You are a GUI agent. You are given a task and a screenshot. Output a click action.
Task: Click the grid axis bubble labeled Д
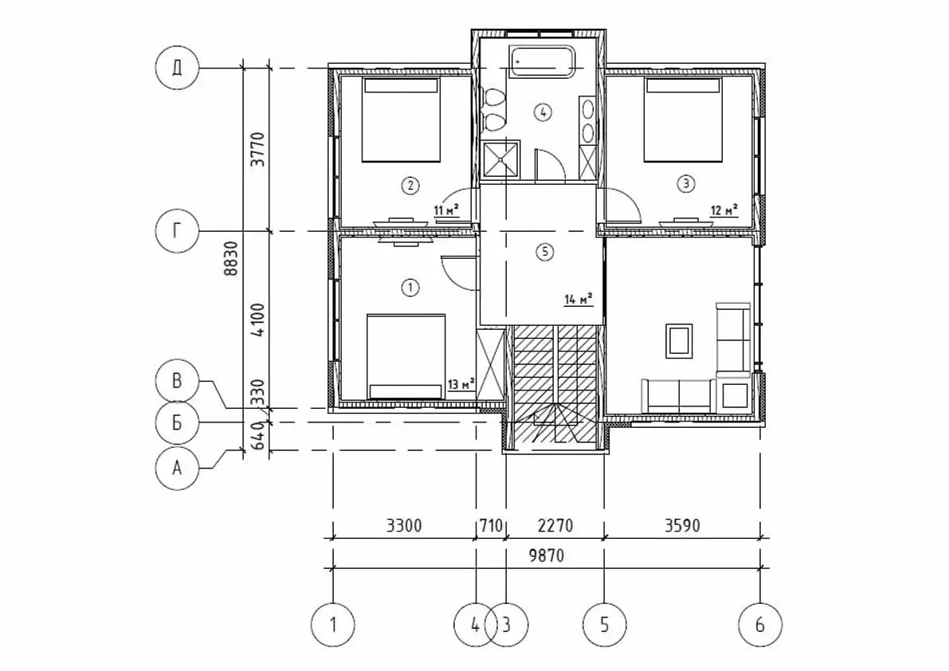[x=177, y=67]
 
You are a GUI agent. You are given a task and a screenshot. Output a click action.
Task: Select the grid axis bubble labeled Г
[x=177, y=231]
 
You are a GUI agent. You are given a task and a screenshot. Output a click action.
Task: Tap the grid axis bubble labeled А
[x=177, y=468]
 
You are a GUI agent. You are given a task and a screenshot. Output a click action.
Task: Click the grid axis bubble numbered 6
[x=760, y=625]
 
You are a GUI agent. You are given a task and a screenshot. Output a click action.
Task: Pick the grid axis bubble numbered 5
[x=604, y=625]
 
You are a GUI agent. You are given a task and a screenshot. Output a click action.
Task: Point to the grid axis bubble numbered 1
[x=333, y=625]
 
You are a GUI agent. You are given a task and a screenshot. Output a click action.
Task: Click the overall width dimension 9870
[x=547, y=555]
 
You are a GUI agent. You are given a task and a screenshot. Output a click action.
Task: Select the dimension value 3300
[x=404, y=525]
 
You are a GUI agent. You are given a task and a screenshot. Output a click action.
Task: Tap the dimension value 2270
[x=555, y=525]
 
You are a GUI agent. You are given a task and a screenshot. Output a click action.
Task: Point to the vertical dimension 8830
[x=231, y=258]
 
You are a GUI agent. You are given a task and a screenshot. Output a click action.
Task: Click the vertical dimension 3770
[x=258, y=150]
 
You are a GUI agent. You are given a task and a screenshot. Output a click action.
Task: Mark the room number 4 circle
[x=543, y=112]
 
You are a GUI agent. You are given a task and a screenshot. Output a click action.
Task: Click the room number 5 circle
[x=545, y=252]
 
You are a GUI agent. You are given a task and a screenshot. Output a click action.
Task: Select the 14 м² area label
[x=578, y=300]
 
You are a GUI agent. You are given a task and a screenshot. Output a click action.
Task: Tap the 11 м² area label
[x=447, y=210]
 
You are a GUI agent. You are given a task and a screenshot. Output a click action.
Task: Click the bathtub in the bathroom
[x=543, y=61]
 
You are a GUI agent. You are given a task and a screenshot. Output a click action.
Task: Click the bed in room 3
[x=683, y=120]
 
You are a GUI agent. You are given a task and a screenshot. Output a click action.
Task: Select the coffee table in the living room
[x=678, y=341]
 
